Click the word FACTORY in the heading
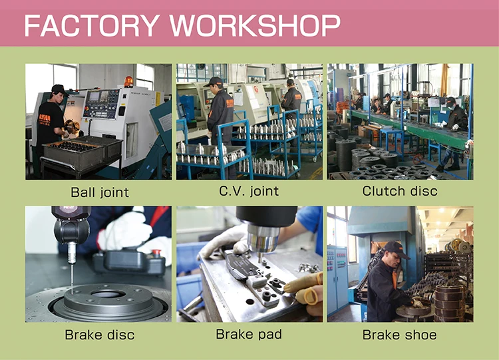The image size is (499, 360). pos(92,25)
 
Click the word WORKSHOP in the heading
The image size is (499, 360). pos(255,25)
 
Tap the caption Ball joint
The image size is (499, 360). pos(100,192)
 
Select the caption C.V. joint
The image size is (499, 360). pos(249,191)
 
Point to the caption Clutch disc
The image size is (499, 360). pos(400,191)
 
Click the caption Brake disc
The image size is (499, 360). pos(100,335)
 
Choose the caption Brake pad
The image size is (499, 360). pos(249,335)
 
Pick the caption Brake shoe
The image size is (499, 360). pos(399,335)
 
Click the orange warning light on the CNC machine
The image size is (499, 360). pos(128,81)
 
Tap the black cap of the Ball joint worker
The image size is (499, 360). pos(59,89)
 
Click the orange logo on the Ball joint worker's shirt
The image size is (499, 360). pos(45,118)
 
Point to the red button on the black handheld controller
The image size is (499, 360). pos(156,252)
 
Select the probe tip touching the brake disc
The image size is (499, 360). pos(72,291)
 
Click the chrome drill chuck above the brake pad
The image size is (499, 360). pos(263,240)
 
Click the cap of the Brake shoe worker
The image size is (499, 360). pos(396,249)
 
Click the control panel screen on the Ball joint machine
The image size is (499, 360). pos(94,96)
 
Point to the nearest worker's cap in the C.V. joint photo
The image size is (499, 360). pos(214,81)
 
